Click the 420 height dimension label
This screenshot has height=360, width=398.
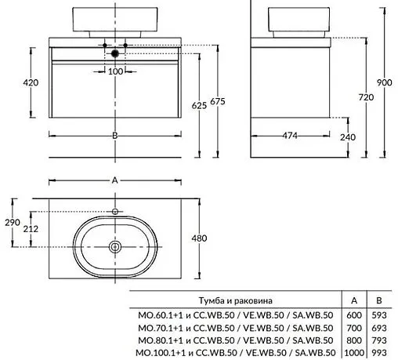[x=31, y=82]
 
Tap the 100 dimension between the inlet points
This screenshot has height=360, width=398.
[x=115, y=71]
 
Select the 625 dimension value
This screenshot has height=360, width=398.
[x=199, y=106]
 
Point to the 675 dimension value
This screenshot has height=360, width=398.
[x=218, y=101]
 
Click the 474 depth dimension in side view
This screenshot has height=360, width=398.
[x=290, y=136]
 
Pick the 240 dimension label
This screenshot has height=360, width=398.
[x=348, y=137]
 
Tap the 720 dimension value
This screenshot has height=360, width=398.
[x=366, y=97]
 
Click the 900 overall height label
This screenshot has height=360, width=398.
[x=384, y=82]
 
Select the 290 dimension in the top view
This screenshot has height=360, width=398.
[x=13, y=223]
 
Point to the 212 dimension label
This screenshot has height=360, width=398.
[x=31, y=229]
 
